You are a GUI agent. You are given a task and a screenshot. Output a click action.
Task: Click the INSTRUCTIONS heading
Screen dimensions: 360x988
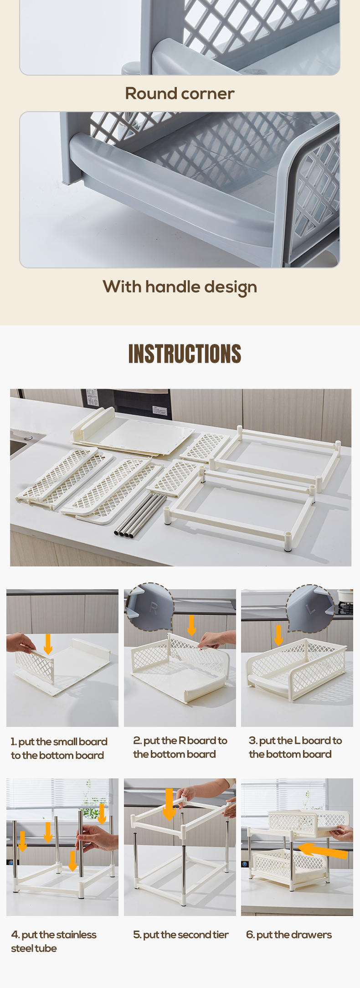click(x=185, y=354)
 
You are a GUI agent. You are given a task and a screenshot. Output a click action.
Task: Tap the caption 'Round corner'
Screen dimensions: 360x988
click(x=180, y=93)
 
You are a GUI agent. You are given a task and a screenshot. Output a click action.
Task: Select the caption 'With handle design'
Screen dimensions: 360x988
click(x=180, y=287)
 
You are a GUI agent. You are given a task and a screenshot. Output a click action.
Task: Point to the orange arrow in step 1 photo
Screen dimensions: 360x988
click(x=48, y=644)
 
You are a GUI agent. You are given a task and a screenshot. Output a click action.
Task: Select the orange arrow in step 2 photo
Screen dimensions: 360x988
click(x=192, y=625)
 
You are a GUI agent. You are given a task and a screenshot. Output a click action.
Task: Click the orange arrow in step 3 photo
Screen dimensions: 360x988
click(x=278, y=635)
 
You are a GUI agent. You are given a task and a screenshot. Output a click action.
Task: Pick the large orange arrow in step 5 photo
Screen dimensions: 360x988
click(x=169, y=804)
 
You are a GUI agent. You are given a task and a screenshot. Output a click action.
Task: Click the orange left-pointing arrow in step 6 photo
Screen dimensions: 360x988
click(x=322, y=850)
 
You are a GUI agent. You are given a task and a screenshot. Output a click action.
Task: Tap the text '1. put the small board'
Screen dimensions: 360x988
click(x=59, y=742)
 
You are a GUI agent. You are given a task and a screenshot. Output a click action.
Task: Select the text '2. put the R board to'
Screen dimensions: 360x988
click(x=180, y=741)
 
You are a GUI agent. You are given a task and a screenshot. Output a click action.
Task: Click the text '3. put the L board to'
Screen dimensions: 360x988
click(x=295, y=741)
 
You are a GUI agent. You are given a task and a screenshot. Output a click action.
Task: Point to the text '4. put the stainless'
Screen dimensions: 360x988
click(x=54, y=935)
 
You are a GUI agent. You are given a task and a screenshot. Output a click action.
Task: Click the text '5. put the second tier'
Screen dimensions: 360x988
click(x=181, y=935)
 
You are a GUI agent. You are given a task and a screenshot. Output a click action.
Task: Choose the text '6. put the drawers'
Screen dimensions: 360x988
click(x=289, y=935)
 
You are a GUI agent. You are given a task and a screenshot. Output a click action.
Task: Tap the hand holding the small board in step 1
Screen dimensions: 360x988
click(x=20, y=643)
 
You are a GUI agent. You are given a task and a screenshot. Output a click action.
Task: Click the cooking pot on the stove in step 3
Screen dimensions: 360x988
click(x=345, y=595)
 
